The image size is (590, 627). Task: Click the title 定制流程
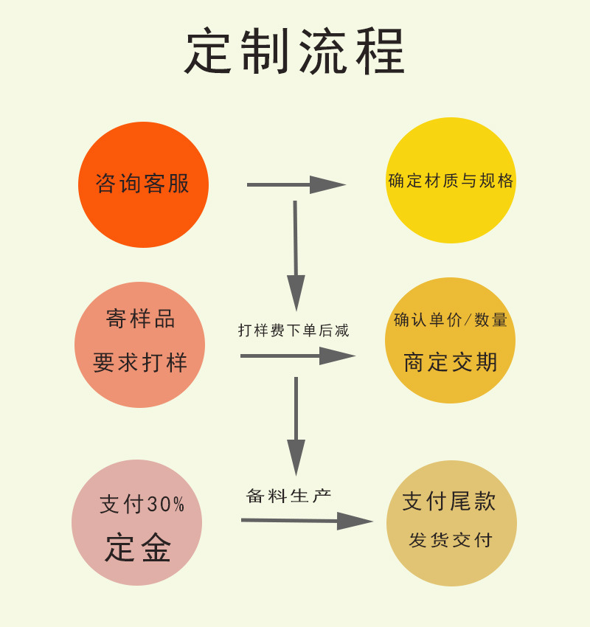(x=295, y=52)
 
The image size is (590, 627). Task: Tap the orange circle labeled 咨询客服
(x=143, y=184)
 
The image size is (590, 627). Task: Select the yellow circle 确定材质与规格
(x=451, y=181)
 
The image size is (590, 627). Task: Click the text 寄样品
(x=141, y=319)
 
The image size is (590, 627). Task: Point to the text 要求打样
(x=140, y=362)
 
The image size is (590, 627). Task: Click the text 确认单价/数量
(x=451, y=319)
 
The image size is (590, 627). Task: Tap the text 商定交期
(x=451, y=362)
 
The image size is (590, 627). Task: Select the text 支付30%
(x=142, y=505)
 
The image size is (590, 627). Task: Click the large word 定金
(x=139, y=548)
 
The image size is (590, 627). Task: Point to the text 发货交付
(x=451, y=540)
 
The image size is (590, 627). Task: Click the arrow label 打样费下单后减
(x=294, y=330)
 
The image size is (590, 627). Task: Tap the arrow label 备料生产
(x=289, y=496)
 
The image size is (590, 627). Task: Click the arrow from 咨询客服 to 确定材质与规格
(x=296, y=184)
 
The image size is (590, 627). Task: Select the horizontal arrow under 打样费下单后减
(x=297, y=356)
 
